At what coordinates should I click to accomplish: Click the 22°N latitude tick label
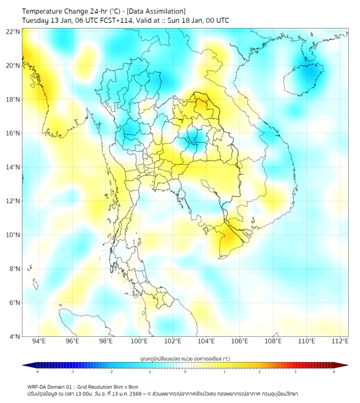pos(13,32)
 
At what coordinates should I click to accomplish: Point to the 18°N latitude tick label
pos(13,100)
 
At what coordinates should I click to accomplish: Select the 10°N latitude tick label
pos(13,235)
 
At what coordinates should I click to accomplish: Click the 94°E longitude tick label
pos(39,341)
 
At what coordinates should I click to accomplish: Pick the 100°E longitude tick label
pos(139,341)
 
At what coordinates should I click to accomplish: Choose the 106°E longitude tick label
pos(240,341)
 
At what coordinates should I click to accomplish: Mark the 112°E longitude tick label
pos(340,341)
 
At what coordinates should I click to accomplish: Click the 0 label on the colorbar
pos(185,372)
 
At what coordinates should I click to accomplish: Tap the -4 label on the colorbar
pos(37,372)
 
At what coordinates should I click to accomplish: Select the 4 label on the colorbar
pos(334,372)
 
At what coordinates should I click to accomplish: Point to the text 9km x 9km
pos(124,386)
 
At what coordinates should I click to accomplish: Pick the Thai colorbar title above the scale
pos(185,359)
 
